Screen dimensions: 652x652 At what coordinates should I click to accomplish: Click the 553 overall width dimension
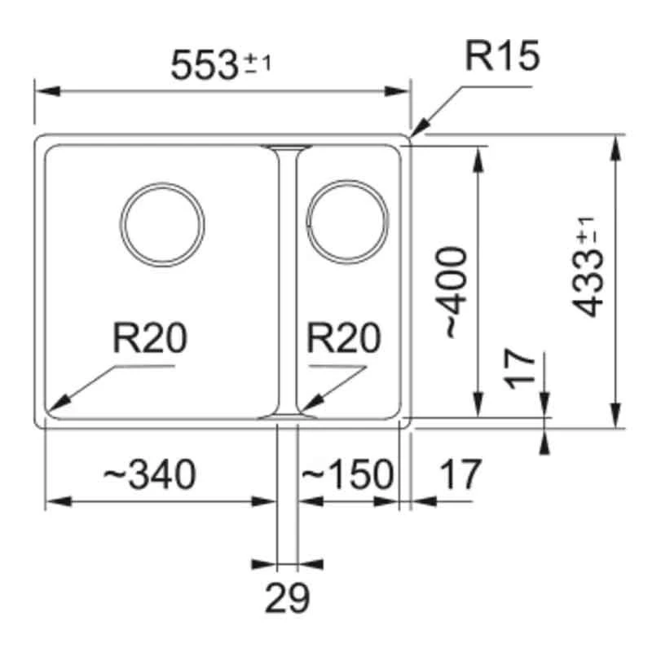tap(204, 64)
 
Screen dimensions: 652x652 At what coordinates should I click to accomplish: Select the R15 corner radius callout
tap(502, 58)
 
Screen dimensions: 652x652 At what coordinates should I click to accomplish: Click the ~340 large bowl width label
tap(149, 474)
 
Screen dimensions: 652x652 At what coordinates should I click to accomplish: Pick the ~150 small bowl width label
tap(348, 474)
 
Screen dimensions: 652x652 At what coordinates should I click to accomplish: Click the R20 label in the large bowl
tap(150, 339)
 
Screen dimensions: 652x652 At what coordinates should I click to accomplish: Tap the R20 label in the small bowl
tap(345, 339)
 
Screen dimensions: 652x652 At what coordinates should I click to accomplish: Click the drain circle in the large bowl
tap(162, 222)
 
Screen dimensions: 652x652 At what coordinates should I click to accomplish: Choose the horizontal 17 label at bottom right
tap(461, 474)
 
